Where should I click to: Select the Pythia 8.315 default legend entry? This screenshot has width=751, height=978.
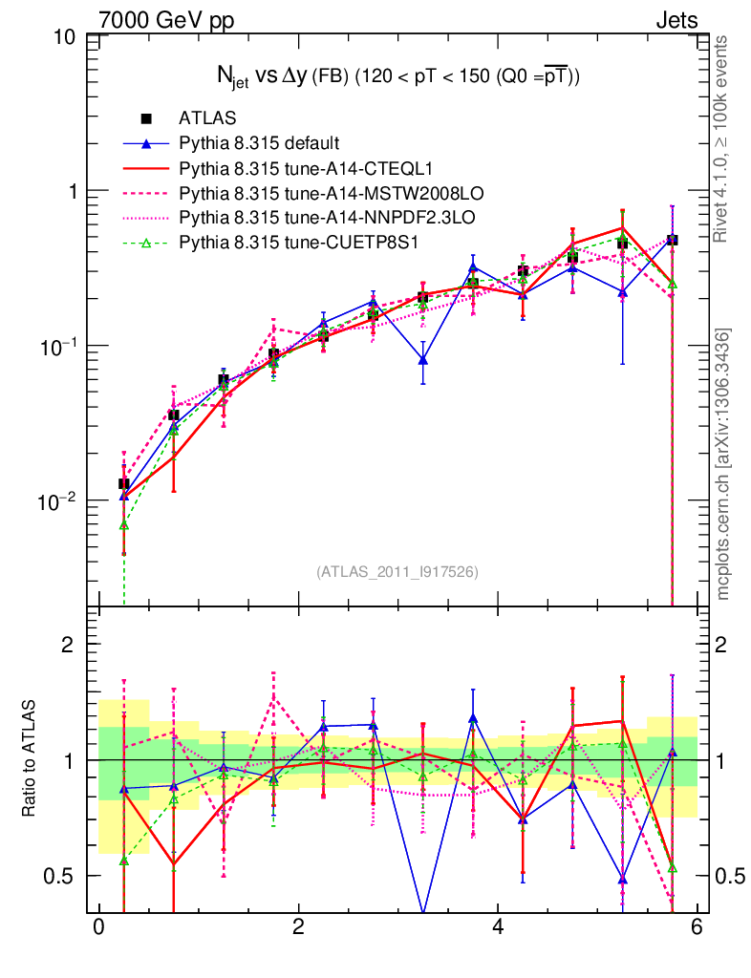coord(259,144)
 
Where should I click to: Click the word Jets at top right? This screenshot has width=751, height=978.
coord(676,19)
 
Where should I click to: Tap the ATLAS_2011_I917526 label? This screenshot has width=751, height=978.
coord(397,571)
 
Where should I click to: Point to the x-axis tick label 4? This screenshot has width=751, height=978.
coord(498,927)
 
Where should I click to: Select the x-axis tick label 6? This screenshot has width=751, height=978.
coord(697,927)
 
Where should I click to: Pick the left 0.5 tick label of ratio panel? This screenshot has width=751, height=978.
coord(64,876)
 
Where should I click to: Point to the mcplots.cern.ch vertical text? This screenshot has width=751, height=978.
coord(724,465)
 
